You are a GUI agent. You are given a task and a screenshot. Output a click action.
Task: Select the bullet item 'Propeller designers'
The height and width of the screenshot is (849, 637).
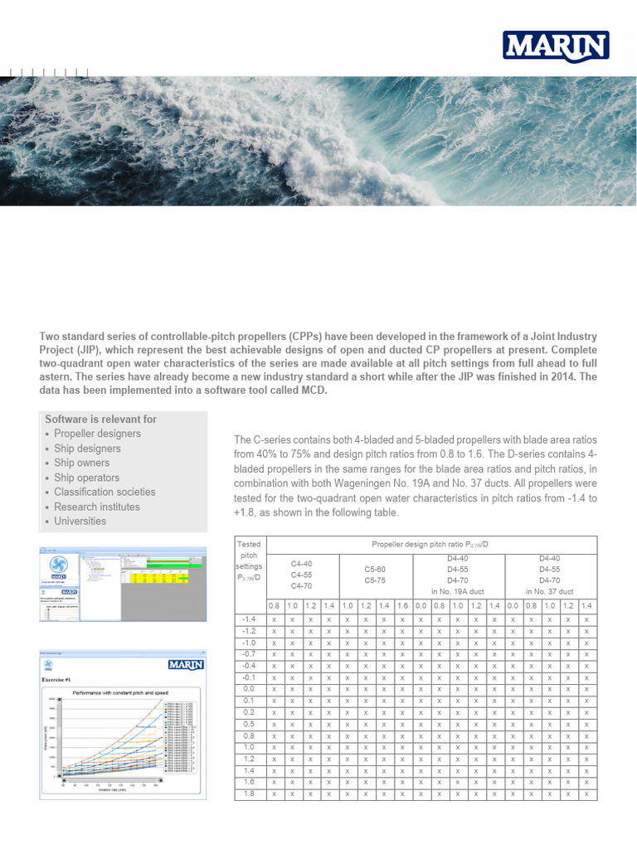click(97, 434)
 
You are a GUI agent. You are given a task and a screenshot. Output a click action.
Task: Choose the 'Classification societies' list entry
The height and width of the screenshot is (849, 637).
click(105, 492)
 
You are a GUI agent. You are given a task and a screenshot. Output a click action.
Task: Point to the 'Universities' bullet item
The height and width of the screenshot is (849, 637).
click(80, 521)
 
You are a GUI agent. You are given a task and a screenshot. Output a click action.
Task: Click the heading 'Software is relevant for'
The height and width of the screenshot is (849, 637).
click(100, 419)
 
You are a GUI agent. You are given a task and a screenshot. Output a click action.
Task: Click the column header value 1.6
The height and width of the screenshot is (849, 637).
click(401, 607)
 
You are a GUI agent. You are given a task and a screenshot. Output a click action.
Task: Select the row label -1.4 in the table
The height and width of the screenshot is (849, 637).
click(248, 619)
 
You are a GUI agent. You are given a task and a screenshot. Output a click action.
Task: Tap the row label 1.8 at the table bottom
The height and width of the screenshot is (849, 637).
click(249, 793)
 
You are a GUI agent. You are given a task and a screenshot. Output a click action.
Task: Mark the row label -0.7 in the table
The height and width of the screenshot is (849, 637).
click(248, 654)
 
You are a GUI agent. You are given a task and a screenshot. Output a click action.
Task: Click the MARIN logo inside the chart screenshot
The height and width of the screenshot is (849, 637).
click(187, 664)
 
